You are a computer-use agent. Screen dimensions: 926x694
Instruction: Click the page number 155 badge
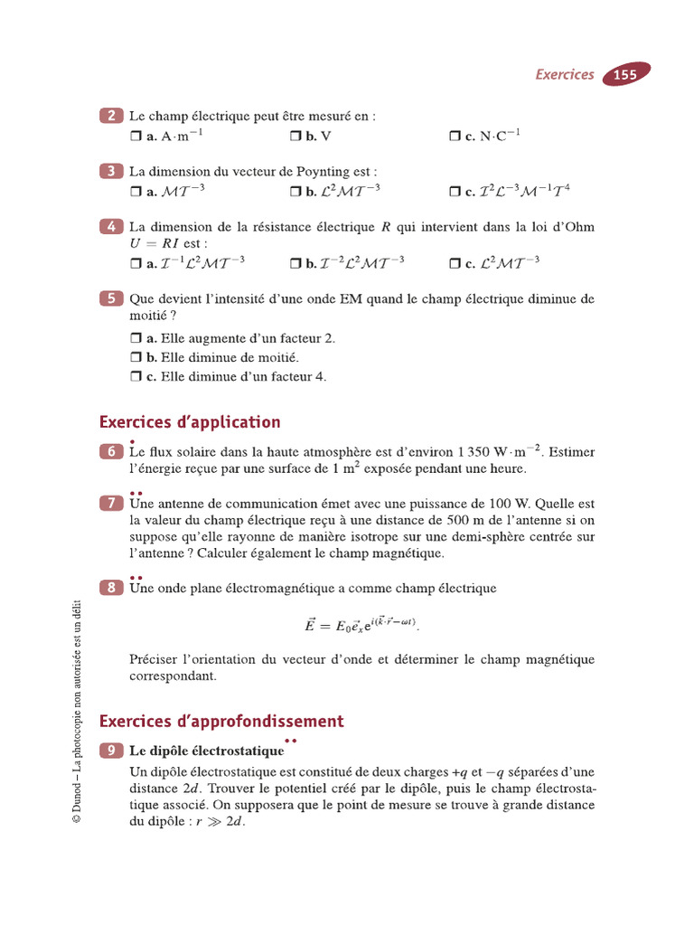(625, 75)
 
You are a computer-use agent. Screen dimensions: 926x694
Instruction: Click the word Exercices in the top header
(565, 75)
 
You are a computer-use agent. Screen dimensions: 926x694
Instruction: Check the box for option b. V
(295, 136)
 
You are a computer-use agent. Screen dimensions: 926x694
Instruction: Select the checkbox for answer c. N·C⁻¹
(455, 136)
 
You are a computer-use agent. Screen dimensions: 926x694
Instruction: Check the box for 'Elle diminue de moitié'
(136, 357)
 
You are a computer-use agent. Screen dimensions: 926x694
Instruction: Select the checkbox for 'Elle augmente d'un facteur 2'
(136, 338)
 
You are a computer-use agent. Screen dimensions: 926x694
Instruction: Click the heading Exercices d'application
(190, 422)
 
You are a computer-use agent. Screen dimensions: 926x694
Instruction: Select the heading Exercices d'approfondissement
(221, 721)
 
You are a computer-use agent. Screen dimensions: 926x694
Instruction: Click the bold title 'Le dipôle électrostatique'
(206, 751)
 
